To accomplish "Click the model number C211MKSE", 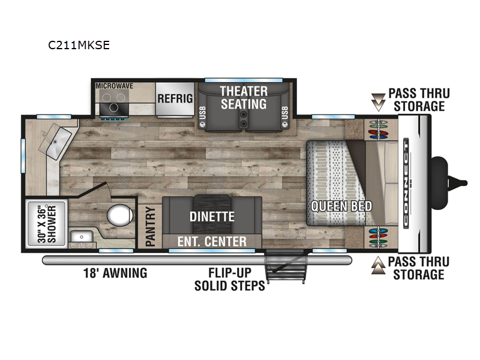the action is click(x=79, y=46).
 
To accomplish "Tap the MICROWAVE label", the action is click(x=114, y=86).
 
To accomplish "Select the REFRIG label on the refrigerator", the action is click(x=175, y=98).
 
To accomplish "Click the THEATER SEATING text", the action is click(x=244, y=97).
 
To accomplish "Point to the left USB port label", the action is click(x=202, y=113).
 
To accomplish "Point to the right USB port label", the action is click(x=284, y=113).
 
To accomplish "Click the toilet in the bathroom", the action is click(x=119, y=215).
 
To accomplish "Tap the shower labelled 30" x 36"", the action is click(x=47, y=223).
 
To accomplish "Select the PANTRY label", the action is click(x=150, y=227).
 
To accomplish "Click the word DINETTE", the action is click(x=212, y=217).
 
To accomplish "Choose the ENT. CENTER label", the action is click(x=212, y=242).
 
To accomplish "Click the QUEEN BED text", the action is click(x=341, y=206).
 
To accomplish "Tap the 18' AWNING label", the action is click(x=115, y=273).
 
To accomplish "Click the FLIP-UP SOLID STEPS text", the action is click(x=230, y=279).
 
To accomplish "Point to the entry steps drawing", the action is click(x=286, y=266).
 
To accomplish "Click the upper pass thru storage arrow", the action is click(x=378, y=102).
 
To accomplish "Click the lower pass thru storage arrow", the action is click(x=378, y=265).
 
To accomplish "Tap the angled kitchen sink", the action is click(x=55, y=142).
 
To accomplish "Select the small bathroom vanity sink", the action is click(x=82, y=237).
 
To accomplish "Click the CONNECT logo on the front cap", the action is click(x=406, y=183).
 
